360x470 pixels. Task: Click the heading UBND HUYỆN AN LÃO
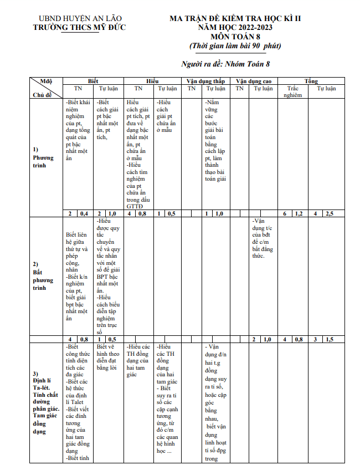79,19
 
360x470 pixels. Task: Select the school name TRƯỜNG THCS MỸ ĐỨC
79,28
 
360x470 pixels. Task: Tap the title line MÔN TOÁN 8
235,37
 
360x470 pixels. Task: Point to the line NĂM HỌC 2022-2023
235,27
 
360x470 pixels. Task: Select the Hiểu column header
152,81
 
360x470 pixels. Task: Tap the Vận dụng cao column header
254,81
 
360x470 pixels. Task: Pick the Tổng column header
311,81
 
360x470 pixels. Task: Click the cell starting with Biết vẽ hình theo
107,357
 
